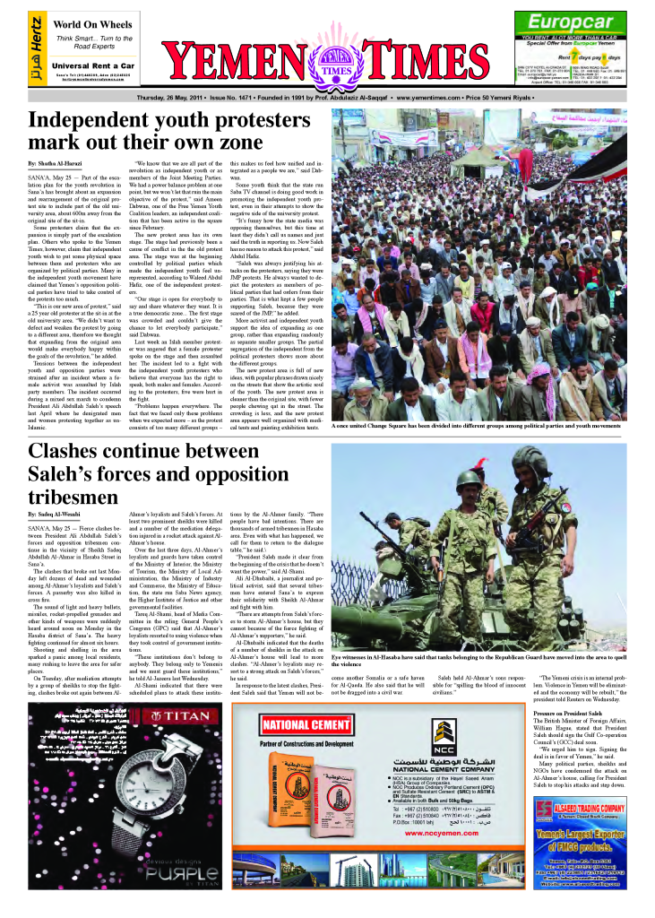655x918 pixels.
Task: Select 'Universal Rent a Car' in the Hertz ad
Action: [x=92, y=65]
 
